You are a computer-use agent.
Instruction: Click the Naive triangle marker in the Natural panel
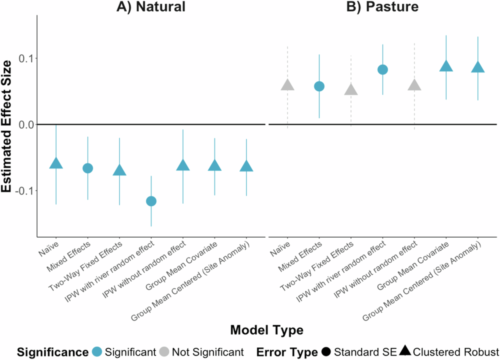pos(56,163)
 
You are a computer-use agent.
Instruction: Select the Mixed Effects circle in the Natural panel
pos(88,168)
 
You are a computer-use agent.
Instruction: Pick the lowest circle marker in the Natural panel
pos(151,201)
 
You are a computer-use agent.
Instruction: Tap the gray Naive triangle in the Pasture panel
pos(287,85)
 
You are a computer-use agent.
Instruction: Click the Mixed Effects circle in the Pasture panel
pos(319,86)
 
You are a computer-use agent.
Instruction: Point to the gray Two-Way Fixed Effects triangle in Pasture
pos(351,90)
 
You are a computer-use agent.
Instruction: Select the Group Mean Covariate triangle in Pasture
pos(446,66)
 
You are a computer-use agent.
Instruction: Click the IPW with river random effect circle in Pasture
pos(382,69)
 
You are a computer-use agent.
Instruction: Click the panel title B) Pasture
pos(383,6)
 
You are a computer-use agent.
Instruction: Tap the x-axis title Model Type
pos(266,330)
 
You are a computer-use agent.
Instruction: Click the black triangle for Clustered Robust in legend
pos(405,351)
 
